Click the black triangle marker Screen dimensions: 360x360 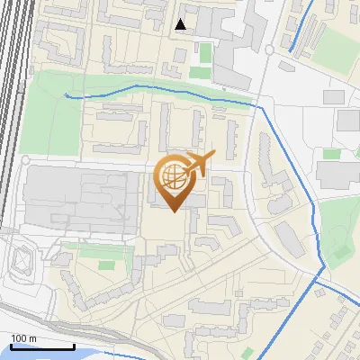click(182, 24)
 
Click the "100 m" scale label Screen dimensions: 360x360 click(23, 338)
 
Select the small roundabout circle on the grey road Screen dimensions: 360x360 click(269, 49)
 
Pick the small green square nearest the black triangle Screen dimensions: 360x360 click(206, 51)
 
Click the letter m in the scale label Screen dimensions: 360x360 click(33, 338)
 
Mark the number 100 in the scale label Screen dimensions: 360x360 click(19, 338)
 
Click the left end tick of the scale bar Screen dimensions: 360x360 click(12, 346)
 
